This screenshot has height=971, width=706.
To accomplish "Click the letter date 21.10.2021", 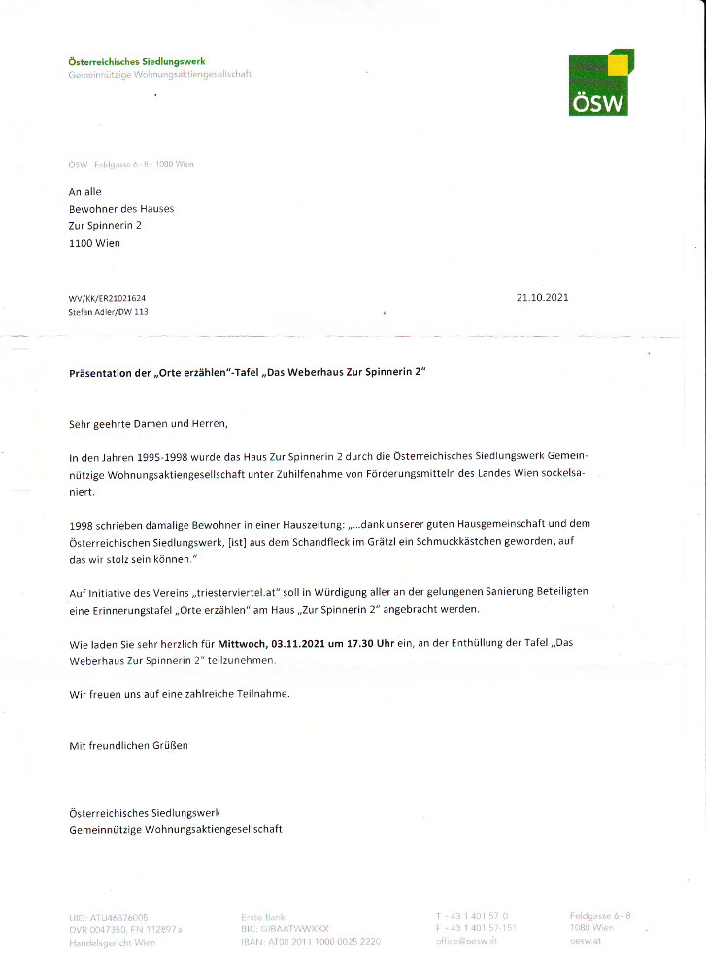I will pos(543,298).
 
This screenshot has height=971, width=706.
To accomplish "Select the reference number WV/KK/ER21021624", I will pos(107,298).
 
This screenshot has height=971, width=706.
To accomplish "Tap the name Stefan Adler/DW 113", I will pos(109,312).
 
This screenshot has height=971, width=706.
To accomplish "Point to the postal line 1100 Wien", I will pos(94,243).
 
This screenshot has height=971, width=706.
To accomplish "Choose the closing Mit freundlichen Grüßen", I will pos(128,746).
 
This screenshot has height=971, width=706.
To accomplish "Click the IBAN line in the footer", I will pos(310,942).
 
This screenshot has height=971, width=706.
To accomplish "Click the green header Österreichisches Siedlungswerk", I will pos(137,62).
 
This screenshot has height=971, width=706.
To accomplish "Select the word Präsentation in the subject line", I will pos(101,373).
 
